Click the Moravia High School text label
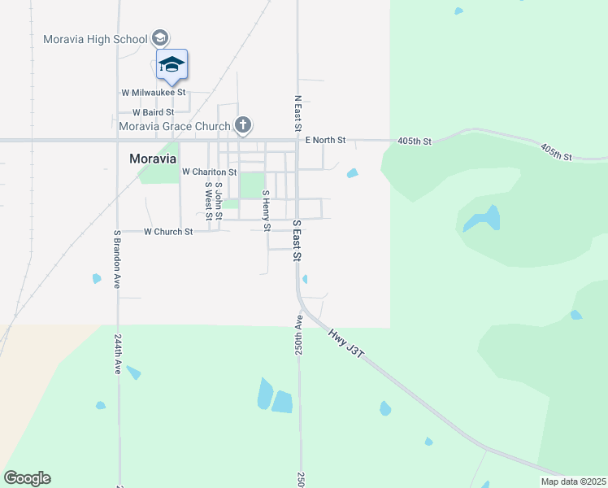tap(95, 39)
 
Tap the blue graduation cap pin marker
tap(172, 64)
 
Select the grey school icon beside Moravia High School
tap(160, 38)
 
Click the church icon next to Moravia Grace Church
tap(242, 125)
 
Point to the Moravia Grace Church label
tap(174, 126)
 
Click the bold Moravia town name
tap(154, 159)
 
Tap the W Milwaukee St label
tap(154, 93)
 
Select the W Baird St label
tap(147, 112)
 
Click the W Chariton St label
tap(209, 172)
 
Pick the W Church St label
tap(168, 232)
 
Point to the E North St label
tap(325, 141)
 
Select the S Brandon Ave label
tap(118, 259)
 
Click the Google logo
tap(27, 478)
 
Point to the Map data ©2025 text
tap(573, 481)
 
